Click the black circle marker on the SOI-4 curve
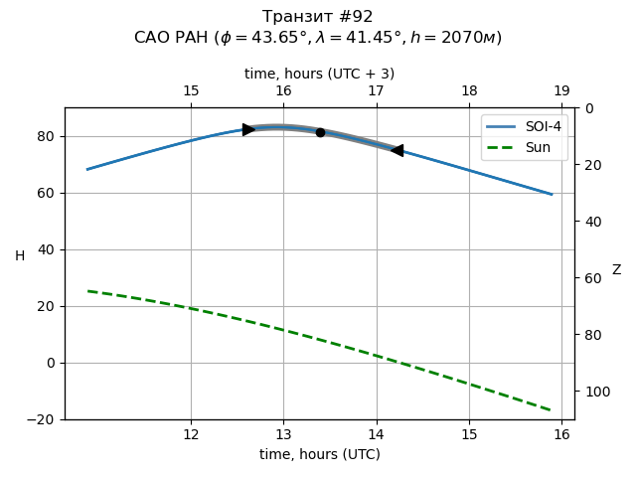click(x=320, y=132)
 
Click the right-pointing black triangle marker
click(x=248, y=129)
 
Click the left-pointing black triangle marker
click(x=397, y=150)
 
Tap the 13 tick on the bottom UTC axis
click(x=283, y=434)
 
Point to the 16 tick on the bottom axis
click(x=561, y=434)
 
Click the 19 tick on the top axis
click(x=561, y=91)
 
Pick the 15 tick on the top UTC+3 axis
click(x=191, y=91)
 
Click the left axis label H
click(x=20, y=256)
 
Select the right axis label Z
click(x=616, y=269)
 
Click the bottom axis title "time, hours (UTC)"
click(x=319, y=454)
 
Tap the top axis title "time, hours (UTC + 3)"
click(x=319, y=74)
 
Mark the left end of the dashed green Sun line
click(x=88, y=291)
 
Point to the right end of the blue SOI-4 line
click(x=552, y=194)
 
